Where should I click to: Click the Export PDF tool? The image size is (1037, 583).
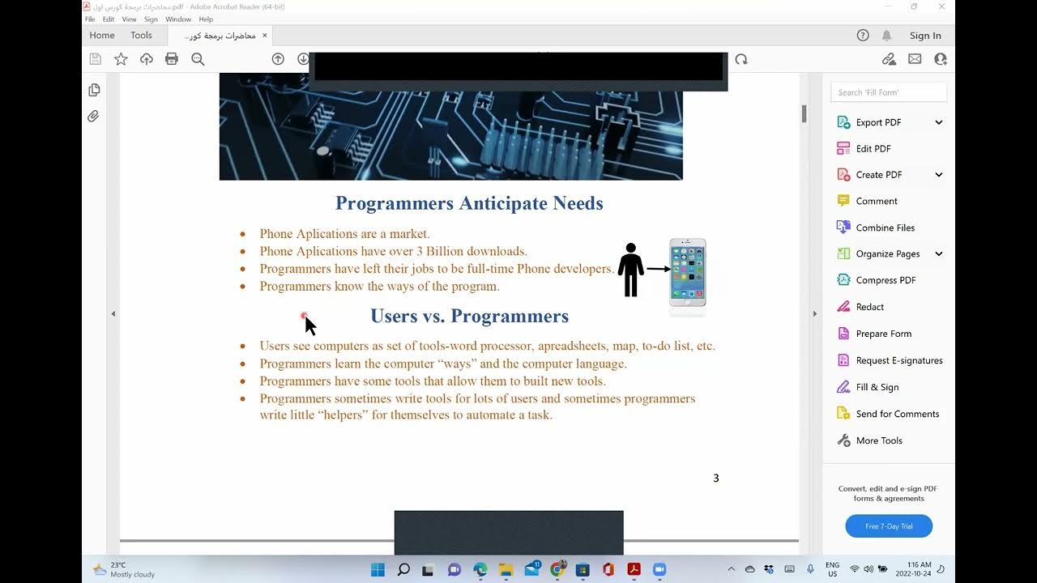tap(878, 122)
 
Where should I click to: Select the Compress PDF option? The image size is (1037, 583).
tap(886, 280)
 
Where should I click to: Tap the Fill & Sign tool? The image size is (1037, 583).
tap(877, 387)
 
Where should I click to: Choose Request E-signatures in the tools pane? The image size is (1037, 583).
tap(899, 360)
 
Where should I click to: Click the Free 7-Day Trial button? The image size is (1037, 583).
tap(889, 526)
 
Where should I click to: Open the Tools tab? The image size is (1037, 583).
tap(141, 36)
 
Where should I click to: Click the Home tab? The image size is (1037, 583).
tap(102, 36)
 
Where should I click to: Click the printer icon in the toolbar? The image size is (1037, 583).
tap(172, 59)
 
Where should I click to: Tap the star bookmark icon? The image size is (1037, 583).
tap(121, 59)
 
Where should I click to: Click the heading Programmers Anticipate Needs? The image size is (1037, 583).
tap(469, 203)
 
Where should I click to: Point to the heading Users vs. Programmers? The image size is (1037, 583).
tap(469, 316)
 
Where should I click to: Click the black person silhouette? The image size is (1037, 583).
tap(630, 270)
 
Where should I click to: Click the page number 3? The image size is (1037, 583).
tap(715, 479)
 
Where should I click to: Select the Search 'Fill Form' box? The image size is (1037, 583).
tap(888, 92)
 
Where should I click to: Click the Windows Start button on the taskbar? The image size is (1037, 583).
tap(378, 569)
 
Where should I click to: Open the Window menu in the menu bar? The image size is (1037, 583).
tap(178, 19)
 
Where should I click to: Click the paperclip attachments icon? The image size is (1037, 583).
tap(94, 117)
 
